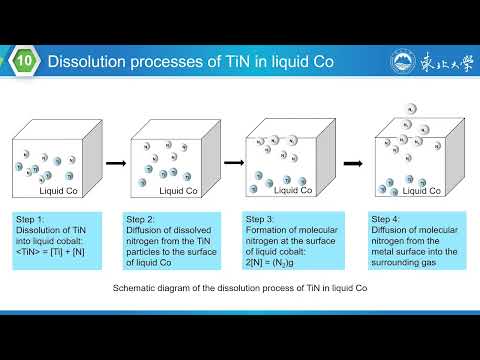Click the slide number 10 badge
pyautogui.click(x=26, y=62)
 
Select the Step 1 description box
pyautogui.click(x=57, y=241)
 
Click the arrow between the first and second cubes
pyautogui.click(x=116, y=162)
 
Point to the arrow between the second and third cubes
pyautogui.click(x=233, y=162)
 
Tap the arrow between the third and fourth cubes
pyautogui.click(x=352, y=162)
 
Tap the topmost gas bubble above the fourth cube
pyautogui.click(x=409, y=109)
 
